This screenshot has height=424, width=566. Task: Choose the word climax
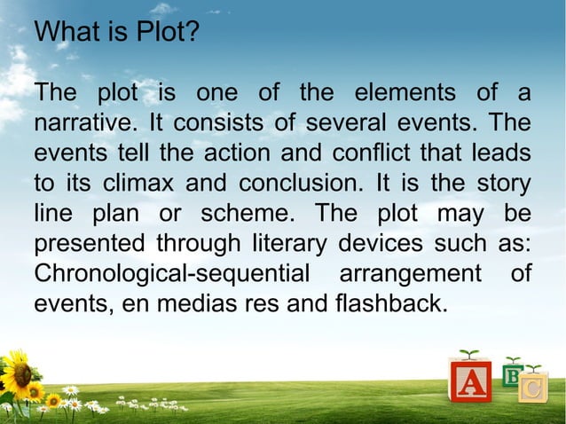point(134,184)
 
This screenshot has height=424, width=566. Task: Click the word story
point(502,184)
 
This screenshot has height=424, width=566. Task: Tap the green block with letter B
point(512,373)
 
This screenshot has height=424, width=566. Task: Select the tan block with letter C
point(532,387)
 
